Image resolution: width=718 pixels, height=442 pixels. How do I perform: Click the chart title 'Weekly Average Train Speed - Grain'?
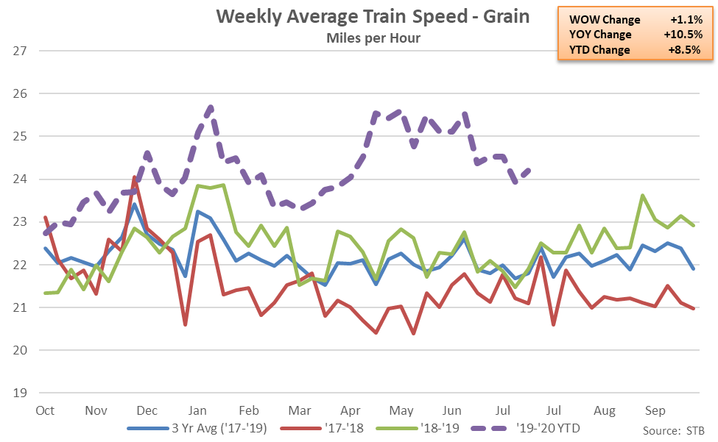tap(373, 17)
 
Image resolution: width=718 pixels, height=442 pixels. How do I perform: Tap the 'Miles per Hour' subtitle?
tap(373, 38)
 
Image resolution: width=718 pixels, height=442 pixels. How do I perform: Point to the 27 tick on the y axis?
tap(19, 51)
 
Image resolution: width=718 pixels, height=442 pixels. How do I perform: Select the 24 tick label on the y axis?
tap(19, 179)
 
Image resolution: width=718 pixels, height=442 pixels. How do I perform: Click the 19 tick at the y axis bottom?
tap(19, 393)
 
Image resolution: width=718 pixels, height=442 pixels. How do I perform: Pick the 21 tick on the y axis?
tap(19, 307)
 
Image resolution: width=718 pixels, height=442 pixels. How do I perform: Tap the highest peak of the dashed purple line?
tap(211, 107)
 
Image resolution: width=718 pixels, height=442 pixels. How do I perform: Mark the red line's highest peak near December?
tap(134, 177)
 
